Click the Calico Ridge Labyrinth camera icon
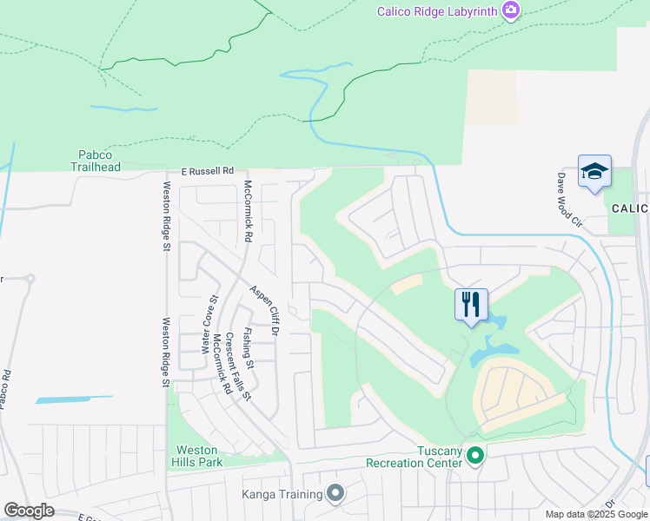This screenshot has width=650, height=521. (x=511, y=10)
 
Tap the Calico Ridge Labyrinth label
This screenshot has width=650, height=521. (x=437, y=11)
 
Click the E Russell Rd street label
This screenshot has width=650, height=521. (x=208, y=172)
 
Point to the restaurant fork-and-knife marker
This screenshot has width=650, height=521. (x=471, y=305)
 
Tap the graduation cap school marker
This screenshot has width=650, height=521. (x=594, y=171)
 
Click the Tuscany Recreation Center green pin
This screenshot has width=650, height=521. (x=474, y=454)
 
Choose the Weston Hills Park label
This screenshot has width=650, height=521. (x=199, y=456)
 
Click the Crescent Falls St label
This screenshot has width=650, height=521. (x=237, y=366)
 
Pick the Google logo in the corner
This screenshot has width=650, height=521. (x=29, y=511)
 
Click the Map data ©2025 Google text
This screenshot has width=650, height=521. (x=596, y=514)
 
